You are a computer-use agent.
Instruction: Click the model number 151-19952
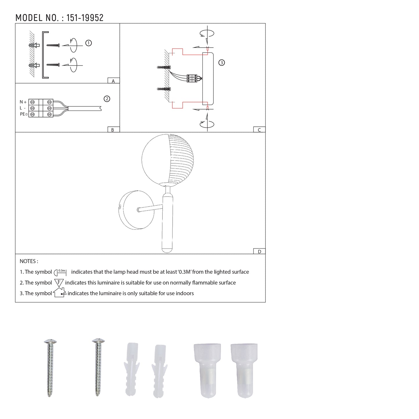click(85, 18)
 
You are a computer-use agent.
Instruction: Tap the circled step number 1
click(88, 43)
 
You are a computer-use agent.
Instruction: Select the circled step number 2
click(107, 99)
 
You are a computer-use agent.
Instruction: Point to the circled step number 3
click(222, 63)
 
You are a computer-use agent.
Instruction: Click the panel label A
click(113, 81)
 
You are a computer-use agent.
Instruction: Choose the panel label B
click(113, 130)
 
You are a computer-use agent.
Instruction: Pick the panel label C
click(259, 130)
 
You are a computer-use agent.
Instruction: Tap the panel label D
click(260, 252)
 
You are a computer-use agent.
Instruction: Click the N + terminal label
click(23, 102)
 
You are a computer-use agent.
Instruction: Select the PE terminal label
click(24, 114)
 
